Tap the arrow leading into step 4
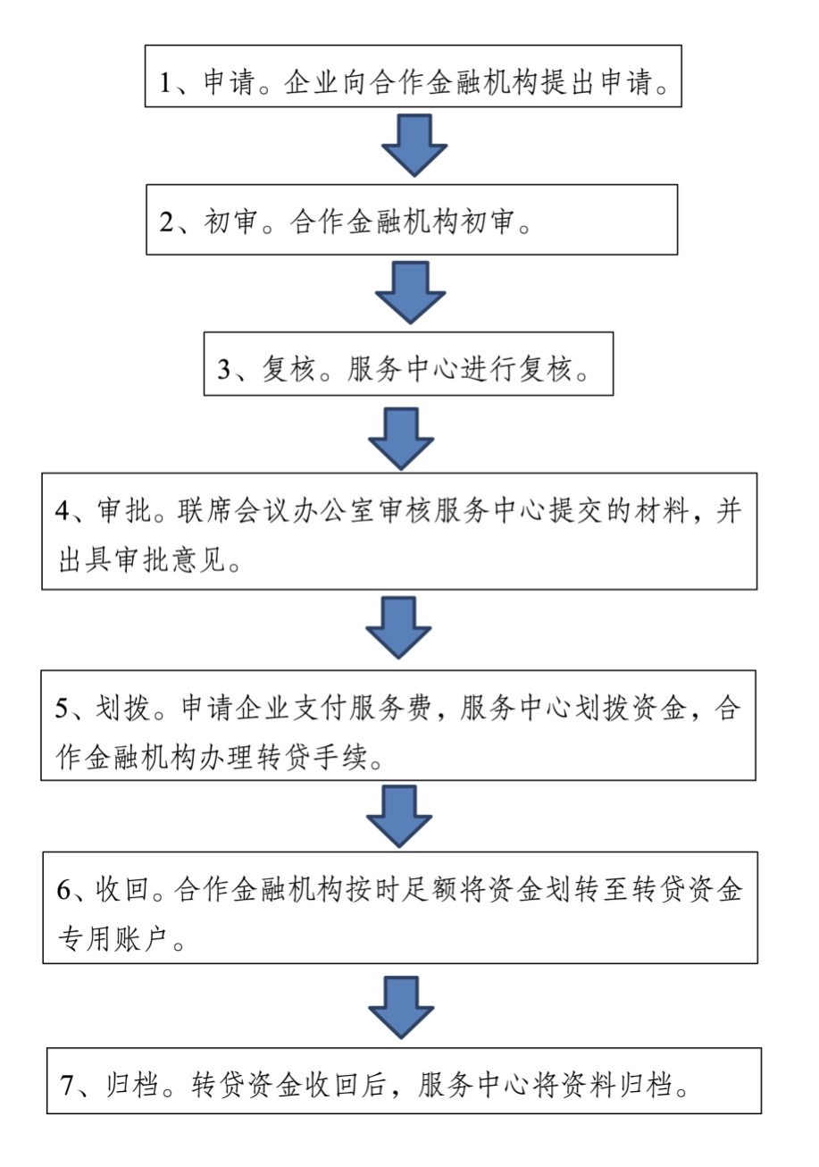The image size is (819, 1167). pos(401,439)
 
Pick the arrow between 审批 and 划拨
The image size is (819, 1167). pos(398,628)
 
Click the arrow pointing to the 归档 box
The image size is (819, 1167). pos(401,1007)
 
